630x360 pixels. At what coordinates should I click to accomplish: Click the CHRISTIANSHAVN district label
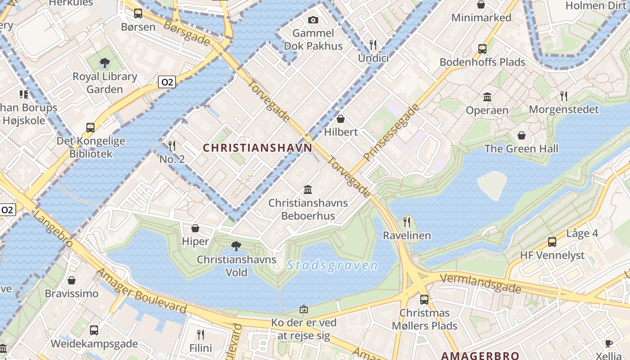[x=257, y=148]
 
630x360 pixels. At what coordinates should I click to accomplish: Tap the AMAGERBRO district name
[x=480, y=355]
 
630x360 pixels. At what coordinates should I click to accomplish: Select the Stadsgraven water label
[x=333, y=265]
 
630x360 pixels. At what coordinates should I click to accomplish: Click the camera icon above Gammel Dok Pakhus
[x=313, y=20]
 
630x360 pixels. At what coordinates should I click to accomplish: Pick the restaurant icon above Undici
[x=373, y=45]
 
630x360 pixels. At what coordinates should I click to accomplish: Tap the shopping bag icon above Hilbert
[x=341, y=119]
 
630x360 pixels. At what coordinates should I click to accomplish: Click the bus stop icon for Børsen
[x=138, y=13]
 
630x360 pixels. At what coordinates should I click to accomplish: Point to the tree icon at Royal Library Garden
[x=105, y=63]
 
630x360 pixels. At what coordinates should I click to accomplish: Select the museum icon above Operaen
[x=487, y=97]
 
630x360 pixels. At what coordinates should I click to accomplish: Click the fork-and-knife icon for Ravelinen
[x=407, y=222]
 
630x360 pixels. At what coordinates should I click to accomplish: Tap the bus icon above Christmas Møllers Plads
[x=424, y=299]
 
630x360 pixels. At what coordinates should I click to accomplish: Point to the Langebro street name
[x=53, y=230]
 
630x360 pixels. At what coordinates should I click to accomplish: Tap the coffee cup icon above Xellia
[x=608, y=344]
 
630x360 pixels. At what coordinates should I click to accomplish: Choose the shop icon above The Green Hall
[x=521, y=135]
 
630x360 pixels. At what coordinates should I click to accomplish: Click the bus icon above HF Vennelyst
[x=552, y=242]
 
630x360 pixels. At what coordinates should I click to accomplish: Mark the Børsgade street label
[x=187, y=32]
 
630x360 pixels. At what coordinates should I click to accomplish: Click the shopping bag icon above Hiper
[x=195, y=228]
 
